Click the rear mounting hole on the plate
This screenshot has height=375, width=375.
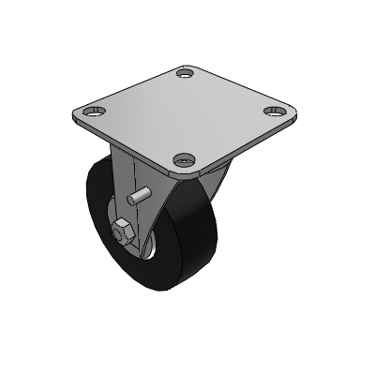184,73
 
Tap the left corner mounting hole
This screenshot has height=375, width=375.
92,112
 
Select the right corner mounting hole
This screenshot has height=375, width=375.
274,111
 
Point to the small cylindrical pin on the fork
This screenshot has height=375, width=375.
139,199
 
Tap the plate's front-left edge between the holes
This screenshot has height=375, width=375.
131,142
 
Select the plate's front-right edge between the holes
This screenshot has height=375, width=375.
234,142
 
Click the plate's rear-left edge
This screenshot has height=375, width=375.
131,89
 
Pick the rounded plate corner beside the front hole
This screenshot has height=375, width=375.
184,176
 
